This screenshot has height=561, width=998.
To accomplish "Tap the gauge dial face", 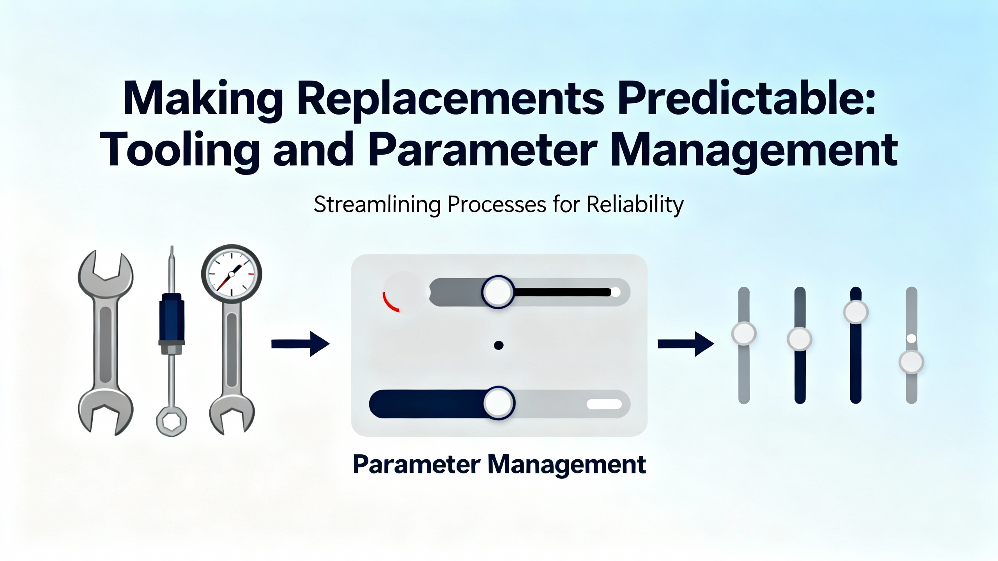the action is click(x=232, y=275).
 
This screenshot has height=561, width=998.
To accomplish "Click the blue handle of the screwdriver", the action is click(x=172, y=319).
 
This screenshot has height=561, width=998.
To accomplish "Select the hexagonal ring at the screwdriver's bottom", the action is click(x=172, y=422).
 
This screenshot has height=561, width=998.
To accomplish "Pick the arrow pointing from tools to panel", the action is click(x=300, y=344).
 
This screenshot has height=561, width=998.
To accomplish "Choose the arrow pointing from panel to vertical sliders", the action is click(x=686, y=344).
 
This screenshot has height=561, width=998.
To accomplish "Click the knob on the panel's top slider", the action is click(x=498, y=292).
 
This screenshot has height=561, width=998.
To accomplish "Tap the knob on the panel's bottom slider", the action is click(x=499, y=403).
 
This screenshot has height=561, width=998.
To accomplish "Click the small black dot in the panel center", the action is click(x=499, y=345).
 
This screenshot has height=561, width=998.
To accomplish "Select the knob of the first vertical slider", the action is click(x=744, y=333).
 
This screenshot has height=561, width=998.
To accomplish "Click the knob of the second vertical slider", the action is click(x=800, y=339).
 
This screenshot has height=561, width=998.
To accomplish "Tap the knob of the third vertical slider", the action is click(x=856, y=312).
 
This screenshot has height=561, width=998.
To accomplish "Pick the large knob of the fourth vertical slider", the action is click(x=911, y=362).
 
